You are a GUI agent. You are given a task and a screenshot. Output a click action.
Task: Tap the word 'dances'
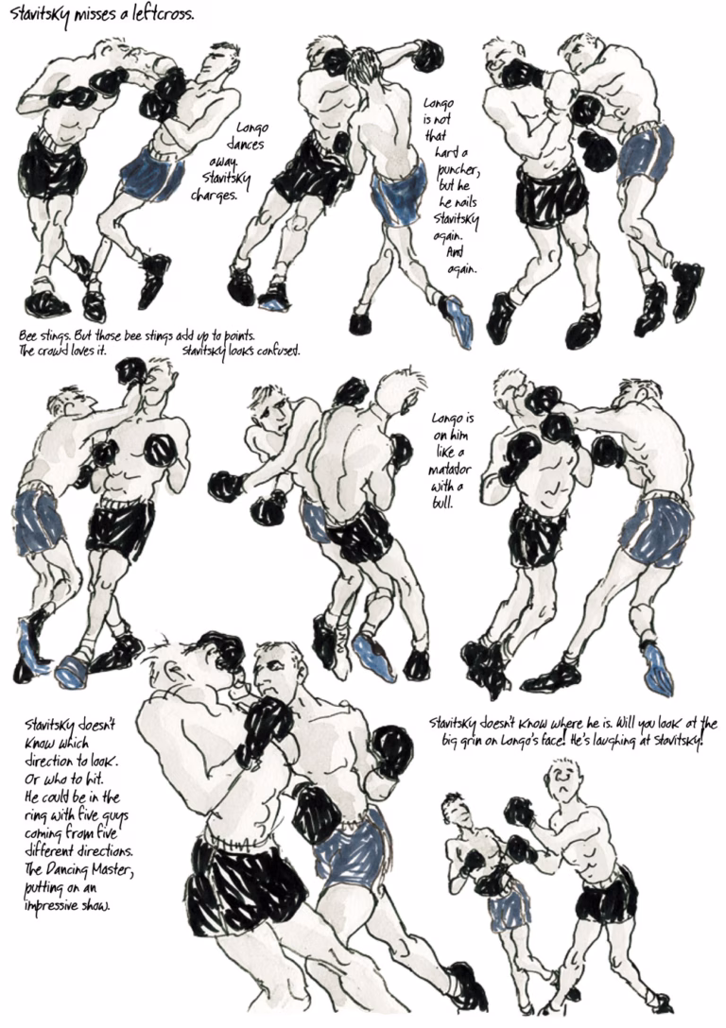point(245,144)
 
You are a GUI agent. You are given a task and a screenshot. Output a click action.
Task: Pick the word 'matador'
point(450,470)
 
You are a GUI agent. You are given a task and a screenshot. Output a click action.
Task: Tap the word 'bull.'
point(442,504)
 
